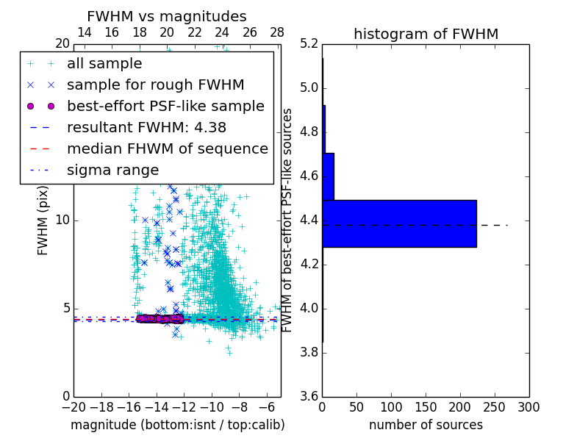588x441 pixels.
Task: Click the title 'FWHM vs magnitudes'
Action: (167, 16)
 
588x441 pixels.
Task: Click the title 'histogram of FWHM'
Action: (426, 34)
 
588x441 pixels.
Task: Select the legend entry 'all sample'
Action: (104, 64)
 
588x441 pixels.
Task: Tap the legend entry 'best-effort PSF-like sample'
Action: (165, 106)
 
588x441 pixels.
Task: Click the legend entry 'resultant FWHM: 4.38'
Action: (146, 127)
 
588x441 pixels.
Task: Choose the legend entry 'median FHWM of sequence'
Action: (168, 148)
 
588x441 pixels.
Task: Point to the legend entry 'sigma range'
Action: (112, 170)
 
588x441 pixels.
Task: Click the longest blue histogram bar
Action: (399, 223)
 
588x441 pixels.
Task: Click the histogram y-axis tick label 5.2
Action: (309, 44)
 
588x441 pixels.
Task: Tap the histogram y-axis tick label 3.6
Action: (309, 396)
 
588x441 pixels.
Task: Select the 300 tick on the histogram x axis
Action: (528, 407)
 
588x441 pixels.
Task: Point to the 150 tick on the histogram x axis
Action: (426, 407)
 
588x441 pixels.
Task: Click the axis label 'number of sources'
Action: (426, 425)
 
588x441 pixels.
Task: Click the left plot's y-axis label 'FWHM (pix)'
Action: (43, 220)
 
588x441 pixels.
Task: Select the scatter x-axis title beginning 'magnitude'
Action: (177, 425)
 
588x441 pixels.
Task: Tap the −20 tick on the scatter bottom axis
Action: (73, 407)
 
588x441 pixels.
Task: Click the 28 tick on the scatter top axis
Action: (277, 32)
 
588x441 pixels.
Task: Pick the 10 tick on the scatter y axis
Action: (63, 220)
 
